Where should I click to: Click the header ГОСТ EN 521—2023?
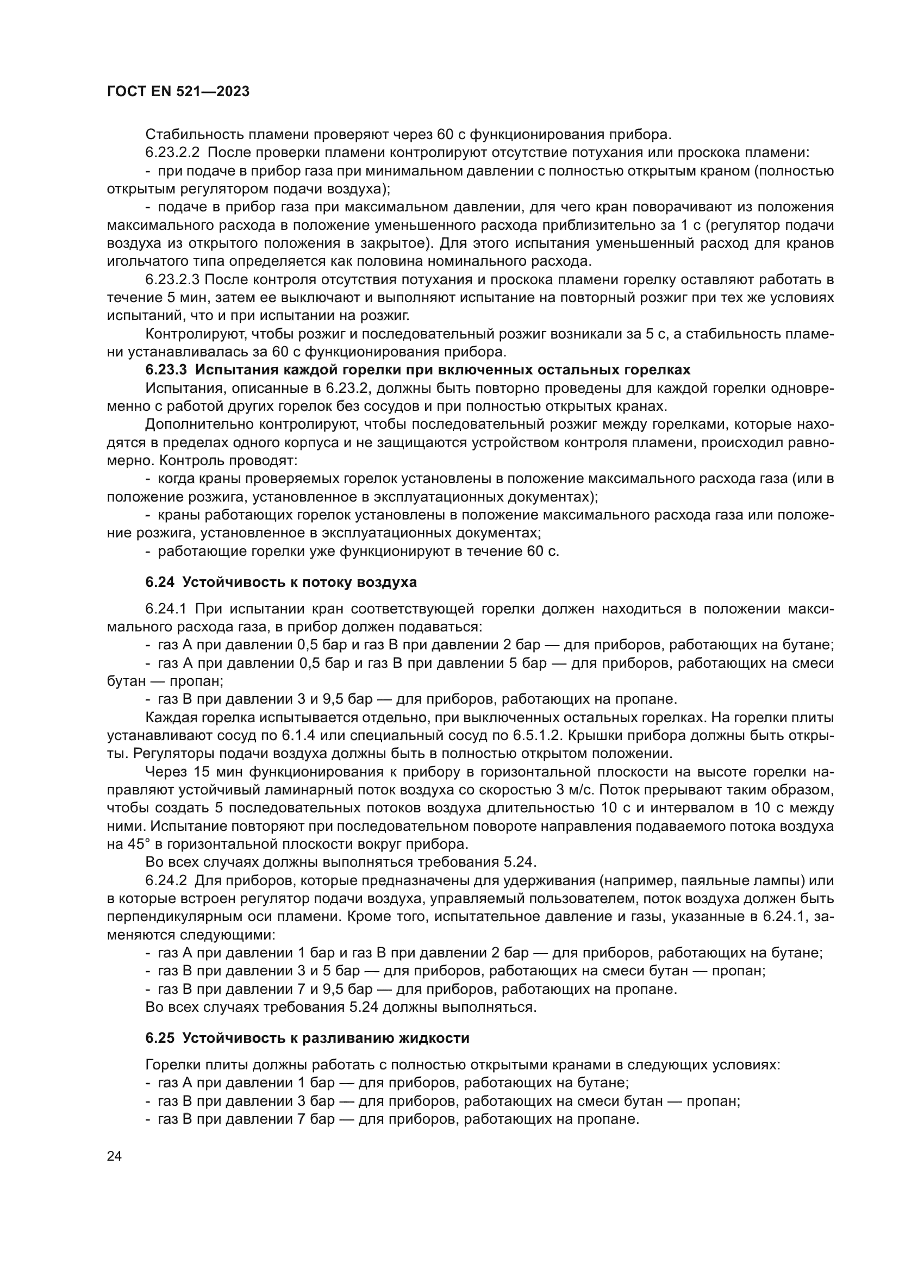pos(178,92)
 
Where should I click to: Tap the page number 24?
pos(114,1156)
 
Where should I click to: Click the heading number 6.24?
pos(160,583)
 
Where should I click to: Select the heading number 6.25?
pos(160,1038)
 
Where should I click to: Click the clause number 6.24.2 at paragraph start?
pos(167,881)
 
